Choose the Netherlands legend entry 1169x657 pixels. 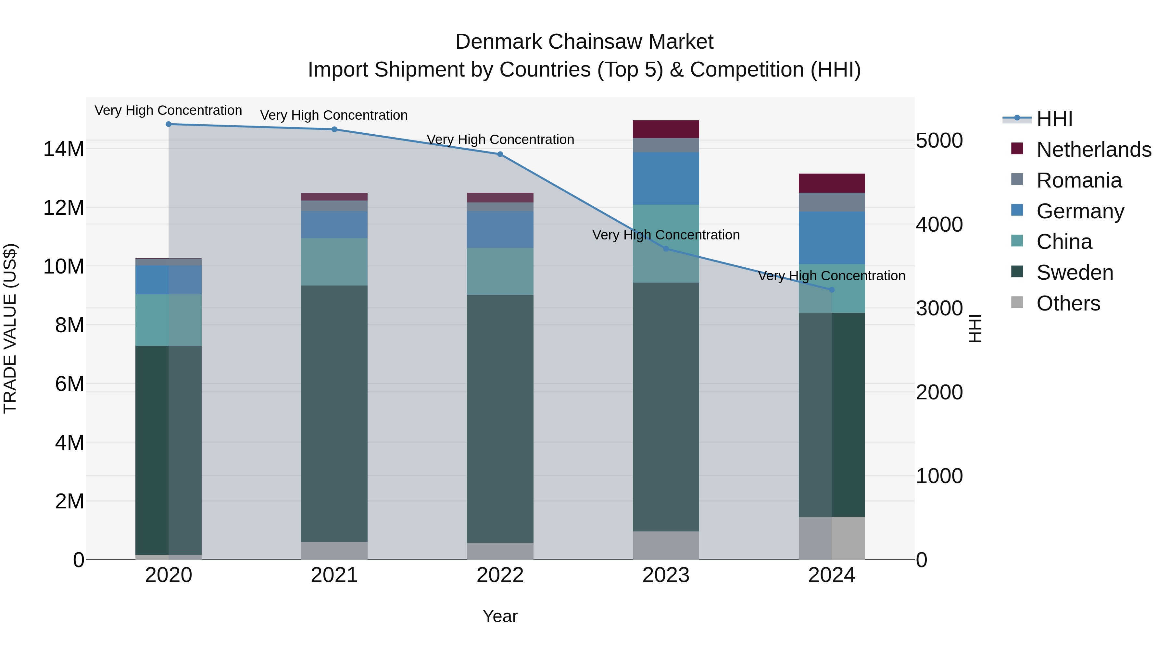pos(1093,150)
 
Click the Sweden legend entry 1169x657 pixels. pos(1075,273)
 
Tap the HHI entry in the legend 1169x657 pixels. pos(1054,119)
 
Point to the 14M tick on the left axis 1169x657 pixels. pos(64,149)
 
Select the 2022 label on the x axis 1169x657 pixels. pos(500,575)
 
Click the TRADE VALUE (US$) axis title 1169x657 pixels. pos(10,328)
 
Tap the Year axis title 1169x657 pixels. pos(500,616)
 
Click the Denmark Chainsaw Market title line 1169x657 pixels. pos(584,42)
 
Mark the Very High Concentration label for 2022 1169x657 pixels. pos(500,139)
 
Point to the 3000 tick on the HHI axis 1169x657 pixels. pos(939,308)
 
